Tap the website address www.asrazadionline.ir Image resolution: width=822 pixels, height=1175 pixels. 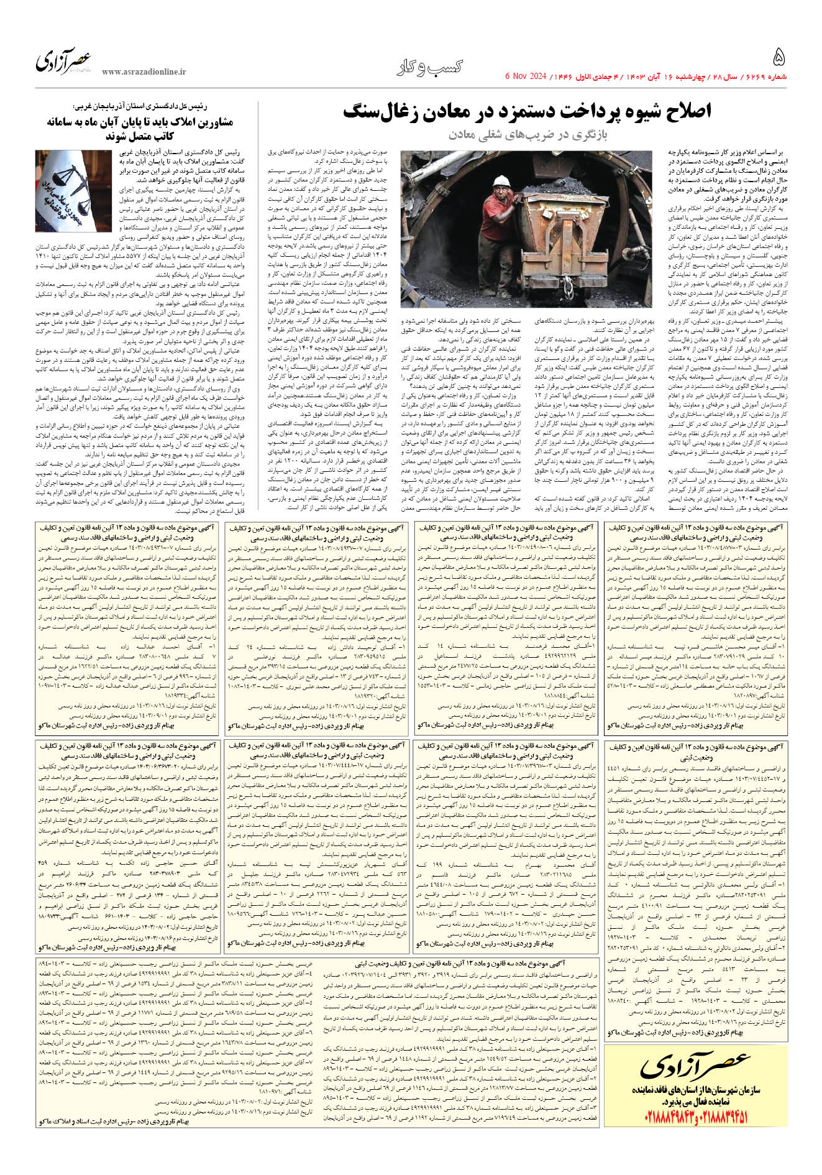pos(144,72)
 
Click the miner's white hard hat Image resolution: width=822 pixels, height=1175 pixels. pos(500,180)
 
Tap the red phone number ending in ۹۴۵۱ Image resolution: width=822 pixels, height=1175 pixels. pos(726,1117)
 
